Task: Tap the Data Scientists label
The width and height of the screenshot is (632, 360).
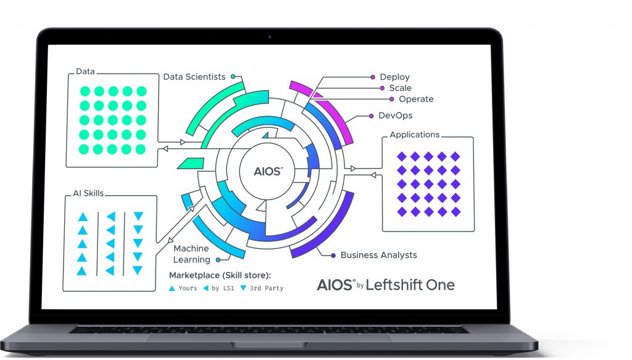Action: (x=194, y=77)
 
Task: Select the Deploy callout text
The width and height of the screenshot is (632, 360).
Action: (x=394, y=77)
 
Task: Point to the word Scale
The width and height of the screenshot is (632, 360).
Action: (x=400, y=88)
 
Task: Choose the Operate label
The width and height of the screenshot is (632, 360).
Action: (x=416, y=99)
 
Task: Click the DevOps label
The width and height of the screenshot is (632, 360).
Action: (x=396, y=115)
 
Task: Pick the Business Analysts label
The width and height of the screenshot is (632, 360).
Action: (x=378, y=255)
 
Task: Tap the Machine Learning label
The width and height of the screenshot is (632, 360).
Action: (x=192, y=254)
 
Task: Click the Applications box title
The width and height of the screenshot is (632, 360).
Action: (x=414, y=135)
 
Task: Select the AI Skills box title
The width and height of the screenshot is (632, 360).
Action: (x=88, y=193)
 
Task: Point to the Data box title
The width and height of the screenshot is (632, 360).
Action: (x=85, y=72)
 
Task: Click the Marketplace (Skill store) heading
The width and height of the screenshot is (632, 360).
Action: (x=220, y=275)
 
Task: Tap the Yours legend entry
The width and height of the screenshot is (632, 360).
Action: (x=183, y=288)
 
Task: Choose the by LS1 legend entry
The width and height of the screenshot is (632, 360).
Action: (x=218, y=288)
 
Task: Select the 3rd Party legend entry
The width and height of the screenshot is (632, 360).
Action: (x=262, y=288)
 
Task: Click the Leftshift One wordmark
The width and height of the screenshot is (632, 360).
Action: (x=410, y=285)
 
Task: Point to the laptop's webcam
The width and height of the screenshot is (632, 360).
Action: (x=270, y=36)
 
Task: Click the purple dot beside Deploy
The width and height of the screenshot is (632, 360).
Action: (x=373, y=77)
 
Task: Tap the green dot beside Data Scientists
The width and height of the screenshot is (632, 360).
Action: (x=233, y=77)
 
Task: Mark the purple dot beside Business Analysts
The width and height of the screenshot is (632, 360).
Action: (x=333, y=256)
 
